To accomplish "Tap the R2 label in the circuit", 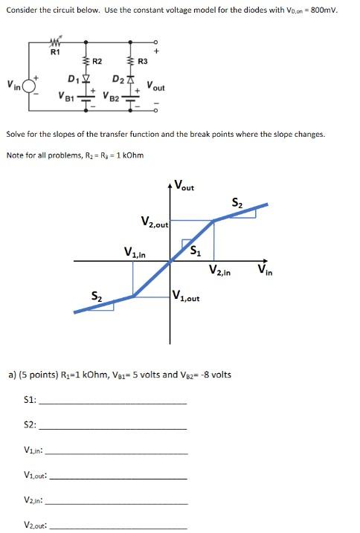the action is (97, 61).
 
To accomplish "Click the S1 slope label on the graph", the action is (196, 250).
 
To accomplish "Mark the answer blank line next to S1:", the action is (113, 402).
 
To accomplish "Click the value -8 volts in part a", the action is (216, 374).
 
